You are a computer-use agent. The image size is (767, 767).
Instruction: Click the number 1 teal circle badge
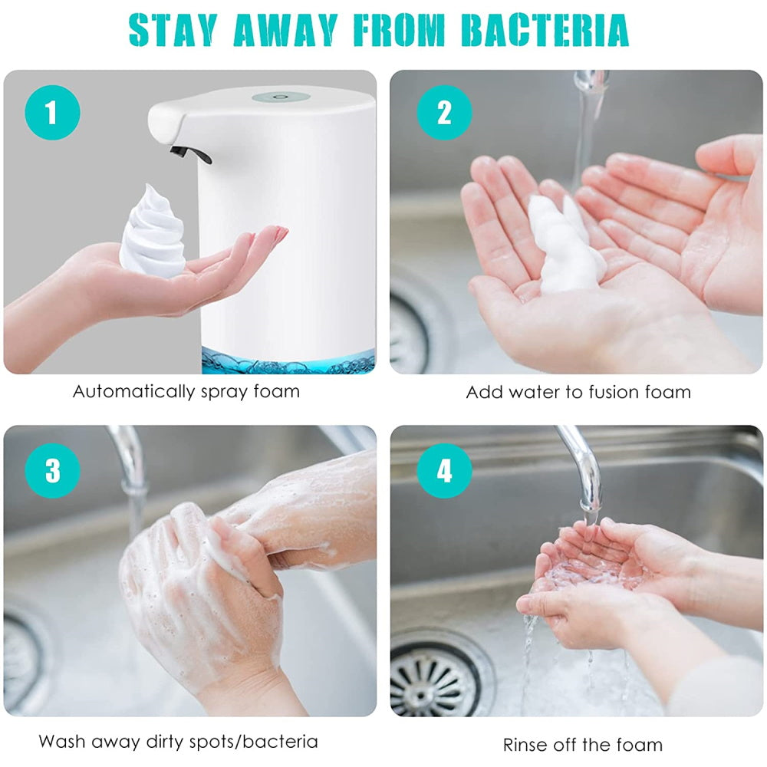[52, 113]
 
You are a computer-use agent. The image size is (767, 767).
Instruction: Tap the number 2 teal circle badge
[444, 113]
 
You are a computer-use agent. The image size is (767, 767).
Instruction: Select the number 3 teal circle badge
[52, 471]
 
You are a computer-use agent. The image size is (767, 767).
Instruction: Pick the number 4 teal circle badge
[444, 471]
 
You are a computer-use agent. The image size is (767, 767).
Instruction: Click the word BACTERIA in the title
[545, 31]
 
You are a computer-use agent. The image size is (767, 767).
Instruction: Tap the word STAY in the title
[173, 31]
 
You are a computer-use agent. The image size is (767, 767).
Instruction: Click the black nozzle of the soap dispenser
[191, 154]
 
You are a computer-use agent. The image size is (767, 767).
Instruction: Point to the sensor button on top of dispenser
[281, 97]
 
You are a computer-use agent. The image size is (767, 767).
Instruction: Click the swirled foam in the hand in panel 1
[153, 232]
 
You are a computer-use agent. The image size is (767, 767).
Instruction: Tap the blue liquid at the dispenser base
[288, 360]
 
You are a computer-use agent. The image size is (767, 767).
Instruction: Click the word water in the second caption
[535, 392]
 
